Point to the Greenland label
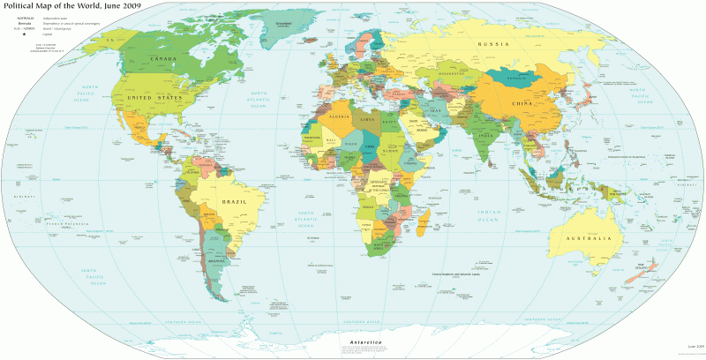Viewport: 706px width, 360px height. (x=283, y=23)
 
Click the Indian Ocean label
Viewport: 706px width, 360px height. (x=488, y=215)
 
